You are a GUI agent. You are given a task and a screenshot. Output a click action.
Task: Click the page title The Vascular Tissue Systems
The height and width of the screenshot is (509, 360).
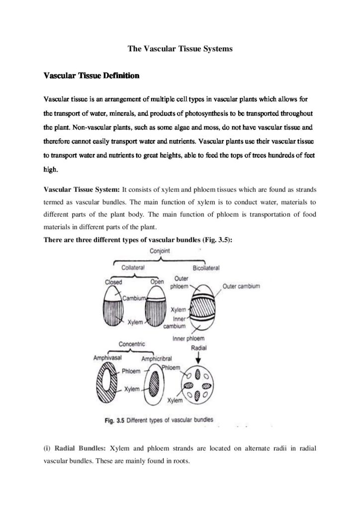(x=180, y=49)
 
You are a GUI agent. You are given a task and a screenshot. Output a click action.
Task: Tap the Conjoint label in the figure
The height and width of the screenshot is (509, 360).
(x=160, y=251)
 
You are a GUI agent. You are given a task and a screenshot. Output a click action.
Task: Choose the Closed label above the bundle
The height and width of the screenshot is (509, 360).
(x=113, y=282)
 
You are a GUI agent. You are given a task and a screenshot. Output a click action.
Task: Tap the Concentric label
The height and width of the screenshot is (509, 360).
(x=131, y=344)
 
